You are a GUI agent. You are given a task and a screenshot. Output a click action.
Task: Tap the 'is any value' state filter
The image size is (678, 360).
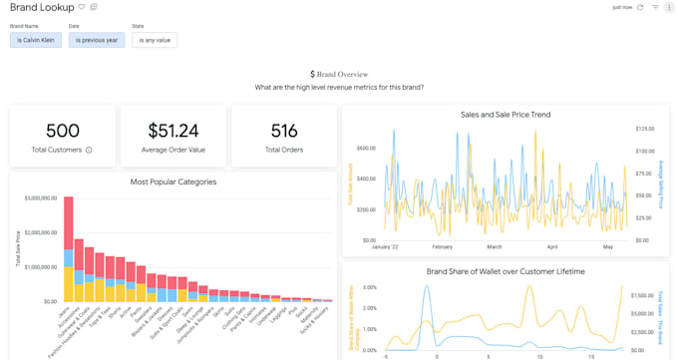[x=155, y=41]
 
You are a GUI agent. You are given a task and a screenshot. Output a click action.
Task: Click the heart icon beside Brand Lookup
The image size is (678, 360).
[x=82, y=7]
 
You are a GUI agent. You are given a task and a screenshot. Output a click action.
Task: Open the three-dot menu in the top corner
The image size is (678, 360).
[x=668, y=7]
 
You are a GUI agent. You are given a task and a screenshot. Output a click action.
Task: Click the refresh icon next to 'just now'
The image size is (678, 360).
[x=639, y=7]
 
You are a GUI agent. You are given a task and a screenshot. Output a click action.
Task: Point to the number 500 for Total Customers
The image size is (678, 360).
[x=62, y=131]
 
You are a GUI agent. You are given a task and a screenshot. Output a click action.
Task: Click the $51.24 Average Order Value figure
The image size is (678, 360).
[x=172, y=131]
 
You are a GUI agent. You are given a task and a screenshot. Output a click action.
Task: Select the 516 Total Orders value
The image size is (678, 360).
[x=284, y=131]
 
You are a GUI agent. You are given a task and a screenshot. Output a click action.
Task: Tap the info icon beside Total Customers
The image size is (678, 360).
[x=89, y=151]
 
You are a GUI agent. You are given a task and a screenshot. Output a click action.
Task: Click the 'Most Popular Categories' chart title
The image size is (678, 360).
[x=173, y=181]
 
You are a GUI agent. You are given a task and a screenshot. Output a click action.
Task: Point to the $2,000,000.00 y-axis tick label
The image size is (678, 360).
[x=40, y=232]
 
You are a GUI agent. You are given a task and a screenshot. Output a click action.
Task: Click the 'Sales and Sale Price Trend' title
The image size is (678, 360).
[x=505, y=115]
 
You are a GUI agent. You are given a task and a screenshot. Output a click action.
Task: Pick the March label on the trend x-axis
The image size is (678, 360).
[x=494, y=246]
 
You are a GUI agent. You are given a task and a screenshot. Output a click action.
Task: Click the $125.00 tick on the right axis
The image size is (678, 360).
[x=645, y=129]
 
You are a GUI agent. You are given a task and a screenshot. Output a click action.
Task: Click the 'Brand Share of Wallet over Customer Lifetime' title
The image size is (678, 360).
[x=505, y=271]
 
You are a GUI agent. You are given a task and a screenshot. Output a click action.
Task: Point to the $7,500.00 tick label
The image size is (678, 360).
[x=646, y=295]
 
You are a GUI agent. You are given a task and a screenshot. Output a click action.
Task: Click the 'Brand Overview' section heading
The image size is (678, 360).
[x=339, y=74]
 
